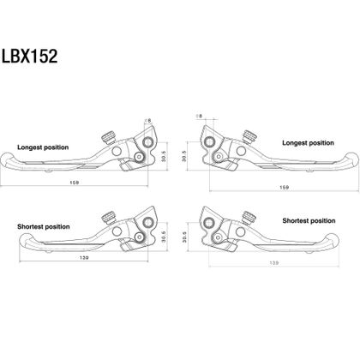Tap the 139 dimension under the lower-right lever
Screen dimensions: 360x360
click(273, 263)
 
